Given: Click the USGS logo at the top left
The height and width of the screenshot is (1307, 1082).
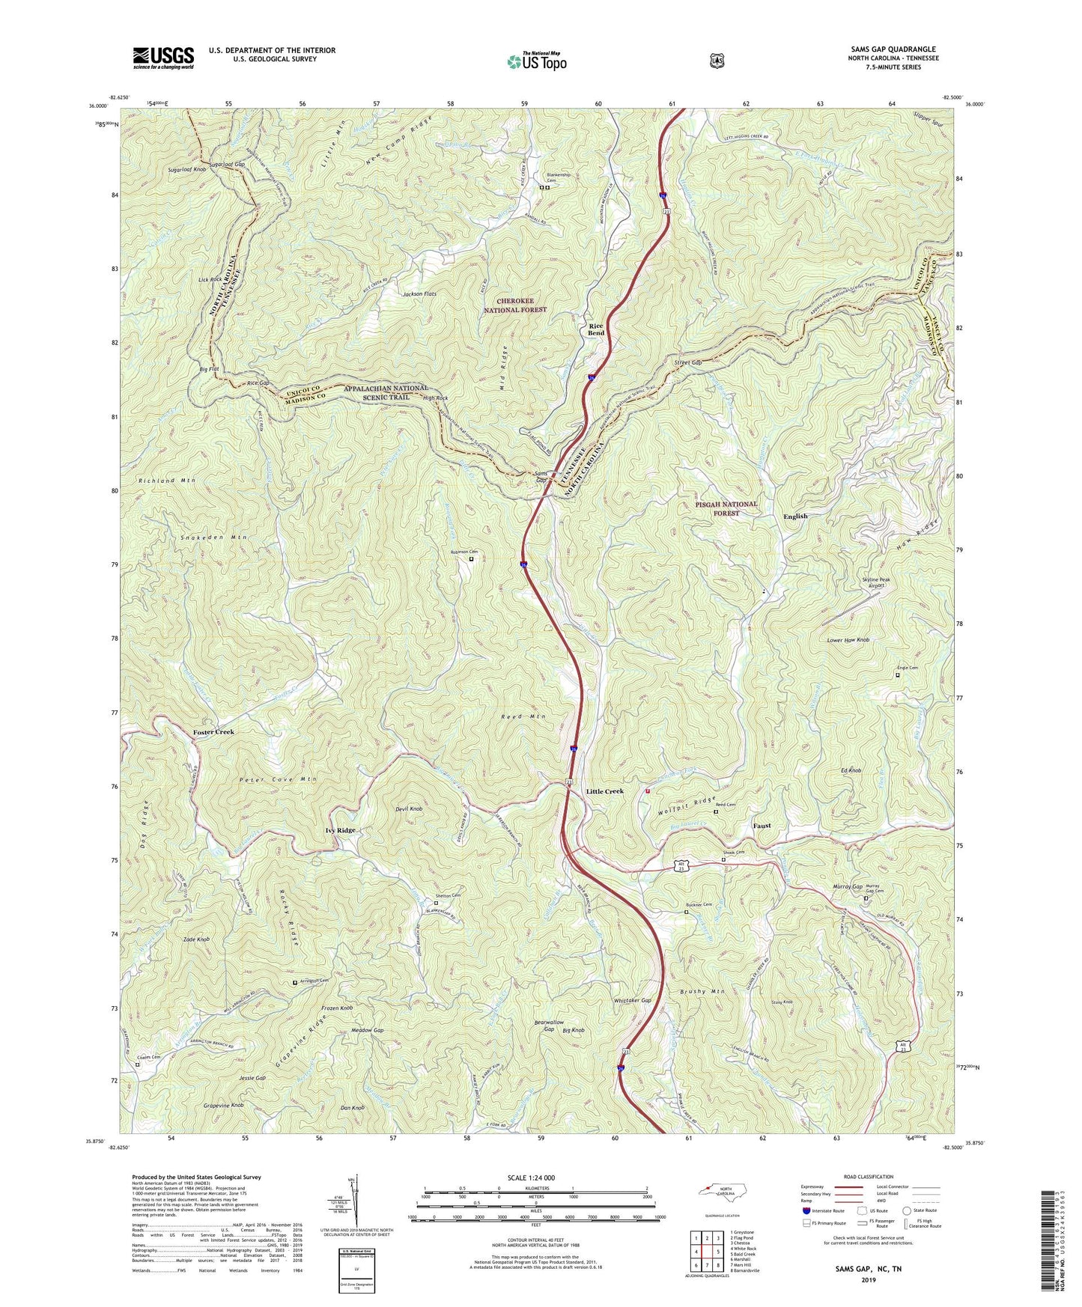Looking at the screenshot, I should [163, 58].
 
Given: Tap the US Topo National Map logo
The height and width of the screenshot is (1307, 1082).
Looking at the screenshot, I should [536, 61].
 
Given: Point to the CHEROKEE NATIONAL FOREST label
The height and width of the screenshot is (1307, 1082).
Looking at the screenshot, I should [515, 305].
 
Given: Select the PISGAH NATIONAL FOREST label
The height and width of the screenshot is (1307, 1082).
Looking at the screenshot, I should [722, 508].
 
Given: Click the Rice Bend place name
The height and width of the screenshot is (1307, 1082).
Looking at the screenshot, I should [596, 330].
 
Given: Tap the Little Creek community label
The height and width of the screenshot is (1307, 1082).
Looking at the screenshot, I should [604, 791].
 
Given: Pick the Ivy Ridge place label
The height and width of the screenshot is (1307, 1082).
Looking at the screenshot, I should [340, 830].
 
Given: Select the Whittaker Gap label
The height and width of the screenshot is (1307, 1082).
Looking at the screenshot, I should [632, 1001].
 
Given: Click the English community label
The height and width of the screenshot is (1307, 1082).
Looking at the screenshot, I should [795, 516].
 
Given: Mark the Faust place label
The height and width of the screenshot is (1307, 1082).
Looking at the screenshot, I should [762, 826].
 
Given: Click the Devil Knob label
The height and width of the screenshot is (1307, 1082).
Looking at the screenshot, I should [410, 809].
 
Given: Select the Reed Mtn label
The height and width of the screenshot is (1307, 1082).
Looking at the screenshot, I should [523, 716].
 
